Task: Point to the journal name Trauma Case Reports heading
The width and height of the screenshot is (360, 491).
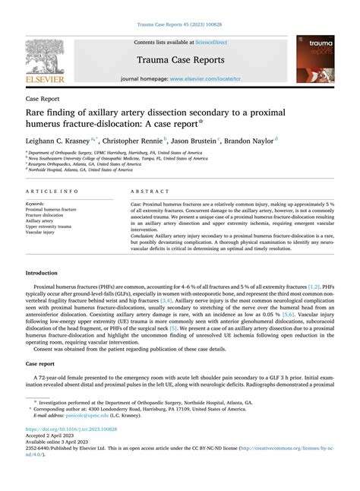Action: click(179, 59)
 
